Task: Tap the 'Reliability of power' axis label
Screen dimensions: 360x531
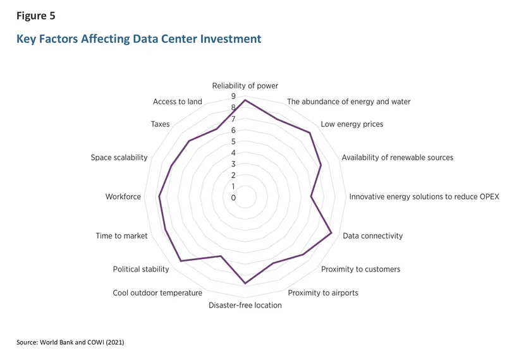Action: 245,86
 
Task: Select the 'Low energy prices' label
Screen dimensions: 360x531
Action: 351,124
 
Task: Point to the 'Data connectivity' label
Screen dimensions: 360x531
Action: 372,236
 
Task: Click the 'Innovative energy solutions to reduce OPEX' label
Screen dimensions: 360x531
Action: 424,196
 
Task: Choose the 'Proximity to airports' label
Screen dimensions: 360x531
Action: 322,292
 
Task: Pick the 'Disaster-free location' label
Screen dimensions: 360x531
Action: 245,305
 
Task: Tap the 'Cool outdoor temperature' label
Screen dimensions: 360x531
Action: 157,292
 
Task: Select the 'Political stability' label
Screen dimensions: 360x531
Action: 141,269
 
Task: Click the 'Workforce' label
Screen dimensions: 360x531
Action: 123,197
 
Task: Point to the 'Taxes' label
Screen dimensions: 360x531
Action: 160,124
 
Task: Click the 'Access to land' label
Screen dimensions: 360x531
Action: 178,102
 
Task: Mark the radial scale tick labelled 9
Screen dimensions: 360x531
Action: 233,97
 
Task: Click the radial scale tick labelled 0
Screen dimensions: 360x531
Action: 233,198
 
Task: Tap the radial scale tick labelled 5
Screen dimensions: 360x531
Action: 233,141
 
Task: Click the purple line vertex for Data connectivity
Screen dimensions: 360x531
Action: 332,234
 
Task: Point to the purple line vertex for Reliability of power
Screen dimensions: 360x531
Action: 245,100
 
